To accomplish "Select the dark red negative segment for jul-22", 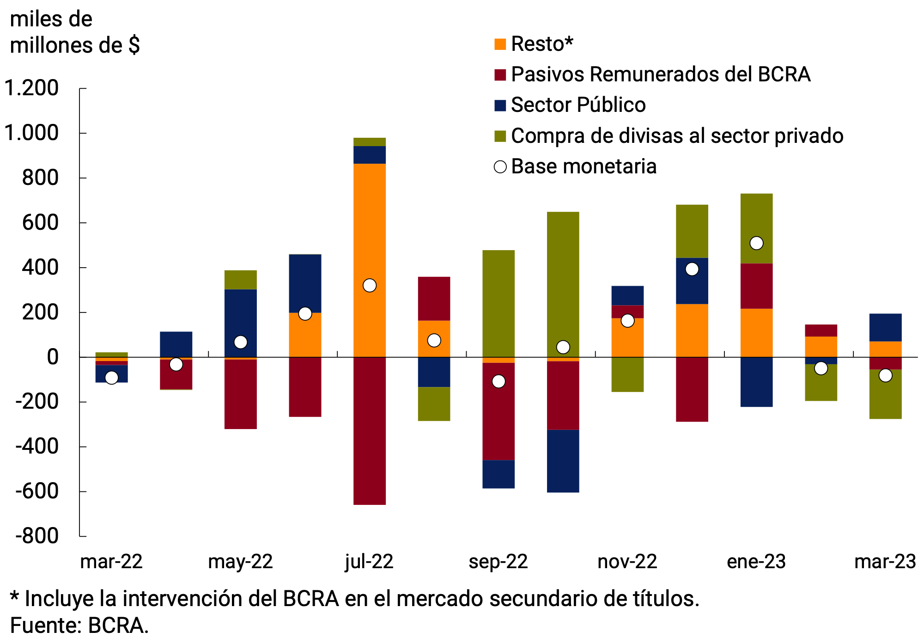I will point(369,430).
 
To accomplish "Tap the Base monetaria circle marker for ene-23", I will point(756,243).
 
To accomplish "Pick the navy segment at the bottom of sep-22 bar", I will point(498,474).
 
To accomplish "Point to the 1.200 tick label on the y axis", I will point(31,88).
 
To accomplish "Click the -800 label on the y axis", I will point(37,536).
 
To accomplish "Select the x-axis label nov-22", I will point(627,562).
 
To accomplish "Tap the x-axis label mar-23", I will point(885,562).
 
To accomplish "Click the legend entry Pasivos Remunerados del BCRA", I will point(660,74).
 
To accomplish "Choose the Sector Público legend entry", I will point(578,105).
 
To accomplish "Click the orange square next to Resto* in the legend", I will point(500,44).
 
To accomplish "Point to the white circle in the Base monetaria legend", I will point(500,167).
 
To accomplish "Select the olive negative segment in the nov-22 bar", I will point(627,374).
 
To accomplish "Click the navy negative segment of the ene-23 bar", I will point(756,382).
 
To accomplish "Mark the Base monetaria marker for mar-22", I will point(111,378).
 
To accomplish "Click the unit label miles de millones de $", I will point(74,32).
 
